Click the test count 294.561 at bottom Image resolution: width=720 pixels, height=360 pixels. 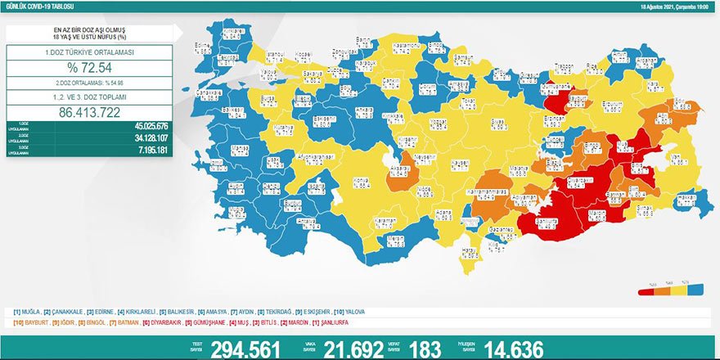click(245, 349)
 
